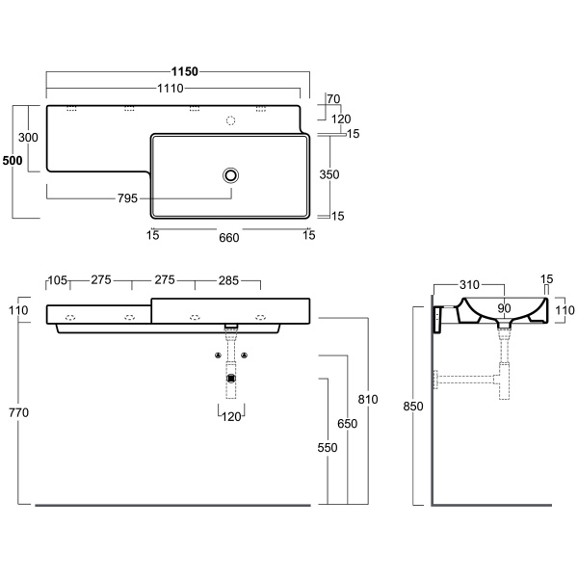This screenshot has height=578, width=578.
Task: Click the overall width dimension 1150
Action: pyautogui.click(x=184, y=71)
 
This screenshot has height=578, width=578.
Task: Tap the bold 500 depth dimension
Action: pyautogui.click(x=13, y=161)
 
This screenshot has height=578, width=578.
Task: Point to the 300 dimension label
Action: pyautogui.click(x=29, y=138)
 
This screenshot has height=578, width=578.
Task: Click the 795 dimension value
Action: pyautogui.click(x=127, y=198)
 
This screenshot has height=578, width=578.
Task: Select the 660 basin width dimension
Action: pyautogui.click(x=229, y=236)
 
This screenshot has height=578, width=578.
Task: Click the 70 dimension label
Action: pyautogui.click(x=334, y=99)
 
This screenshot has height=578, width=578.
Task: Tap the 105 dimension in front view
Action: pyautogui.click(x=57, y=281)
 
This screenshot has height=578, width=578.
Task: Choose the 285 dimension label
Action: pyautogui.click(x=227, y=281)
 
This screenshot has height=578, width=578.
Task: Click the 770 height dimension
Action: pyautogui.click(x=18, y=413)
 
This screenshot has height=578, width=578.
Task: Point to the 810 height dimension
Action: pyautogui.click(x=368, y=399)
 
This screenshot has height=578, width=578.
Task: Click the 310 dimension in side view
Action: pyautogui.click(x=469, y=285)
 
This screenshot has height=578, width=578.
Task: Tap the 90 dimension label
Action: pyautogui.click(x=504, y=308)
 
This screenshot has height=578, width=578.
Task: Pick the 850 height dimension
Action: pyautogui.click(x=412, y=407)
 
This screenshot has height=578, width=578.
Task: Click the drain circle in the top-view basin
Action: pyautogui.click(x=231, y=174)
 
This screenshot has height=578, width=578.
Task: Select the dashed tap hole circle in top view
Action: pyautogui.click(x=229, y=121)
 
